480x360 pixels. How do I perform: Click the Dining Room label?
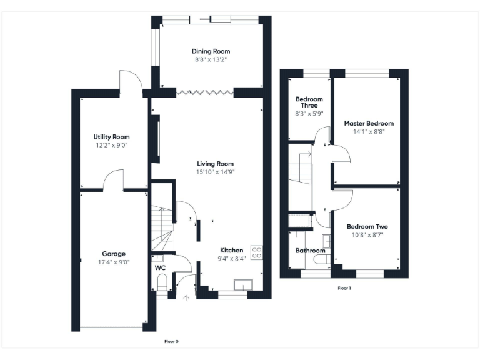click(211, 51)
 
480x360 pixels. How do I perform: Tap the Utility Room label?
click(111, 137)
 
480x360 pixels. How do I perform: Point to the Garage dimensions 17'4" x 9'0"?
click(114, 262)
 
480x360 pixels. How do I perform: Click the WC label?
click(160, 267)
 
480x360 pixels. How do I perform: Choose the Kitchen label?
click(231, 250)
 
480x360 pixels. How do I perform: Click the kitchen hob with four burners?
click(256, 251)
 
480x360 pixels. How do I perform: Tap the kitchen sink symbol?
click(242, 285)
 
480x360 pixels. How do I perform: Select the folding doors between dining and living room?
click(205, 92)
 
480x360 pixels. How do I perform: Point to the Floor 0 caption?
click(171, 341)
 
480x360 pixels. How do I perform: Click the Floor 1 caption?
click(344, 288)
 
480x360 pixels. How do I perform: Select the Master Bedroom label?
click(369, 124)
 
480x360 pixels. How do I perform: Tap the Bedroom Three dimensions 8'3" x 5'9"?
click(309, 114)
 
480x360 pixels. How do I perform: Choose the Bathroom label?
click(309, 251)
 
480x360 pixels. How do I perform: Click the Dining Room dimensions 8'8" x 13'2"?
click(211, 60)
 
